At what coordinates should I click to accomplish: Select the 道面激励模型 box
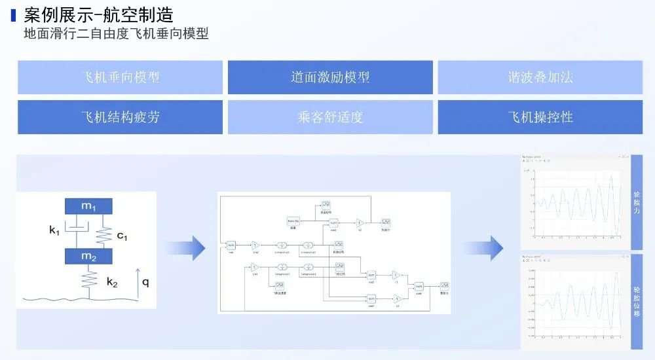(330, 77)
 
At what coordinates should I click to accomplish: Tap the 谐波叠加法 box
(540, 77)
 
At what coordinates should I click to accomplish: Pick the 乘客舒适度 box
(330, 117)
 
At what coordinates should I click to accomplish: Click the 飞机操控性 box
(540, 117)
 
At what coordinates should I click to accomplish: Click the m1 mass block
(88, 206)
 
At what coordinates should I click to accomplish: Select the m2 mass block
(88, 256)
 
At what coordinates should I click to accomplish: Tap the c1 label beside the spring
(121, 235)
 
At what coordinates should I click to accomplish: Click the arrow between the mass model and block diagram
(186, 248)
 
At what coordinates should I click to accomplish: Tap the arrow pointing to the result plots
(485, 248)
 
